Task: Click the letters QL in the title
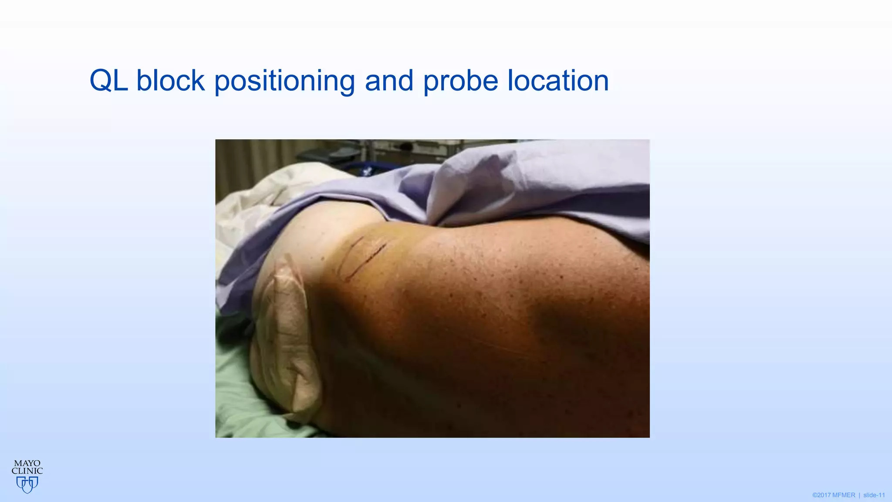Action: [x=108, y=81]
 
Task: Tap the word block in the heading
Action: [x=170, y=81]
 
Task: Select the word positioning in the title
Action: [x=284, y=81]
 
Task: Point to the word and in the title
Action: [x=389, y=81]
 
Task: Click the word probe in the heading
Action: [x=460, y=81]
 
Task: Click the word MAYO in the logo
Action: [x=27, y=463]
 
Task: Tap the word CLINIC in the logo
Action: [x=27, y=471]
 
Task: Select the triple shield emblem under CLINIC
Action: [x=27, y=484]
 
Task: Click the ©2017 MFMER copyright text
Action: [x=834, y=495]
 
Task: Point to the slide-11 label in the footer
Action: [x=874, y=495]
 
